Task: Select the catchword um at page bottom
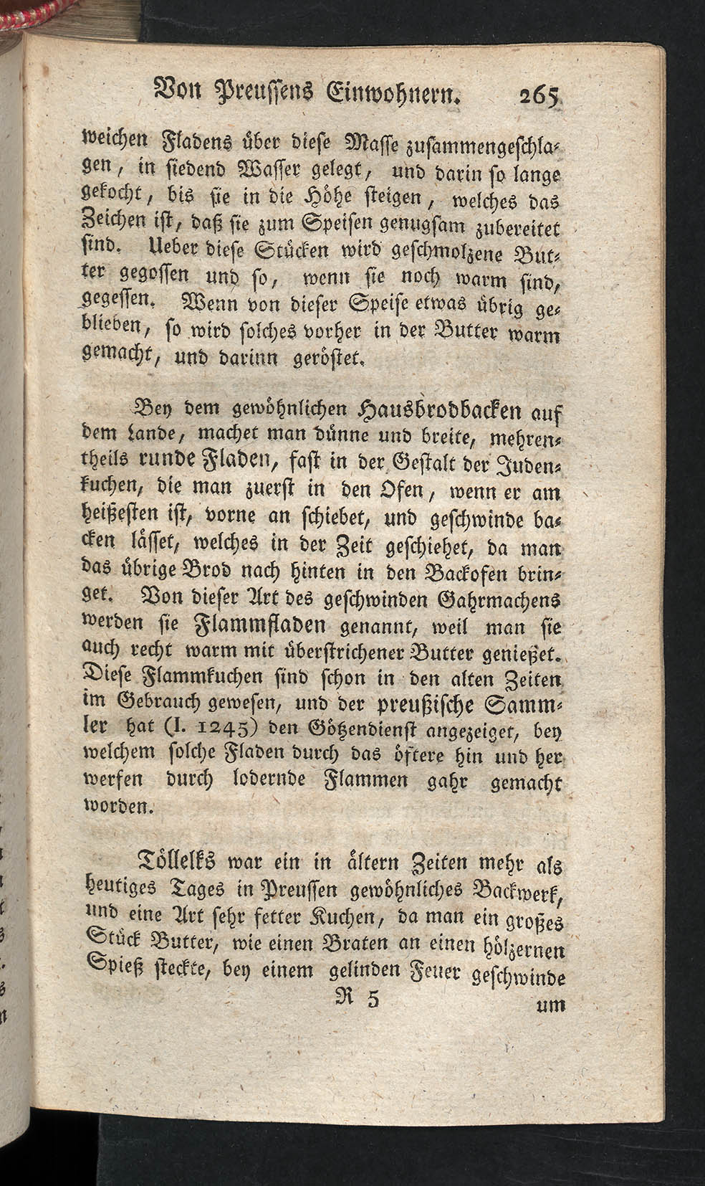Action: coord(551,1005)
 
